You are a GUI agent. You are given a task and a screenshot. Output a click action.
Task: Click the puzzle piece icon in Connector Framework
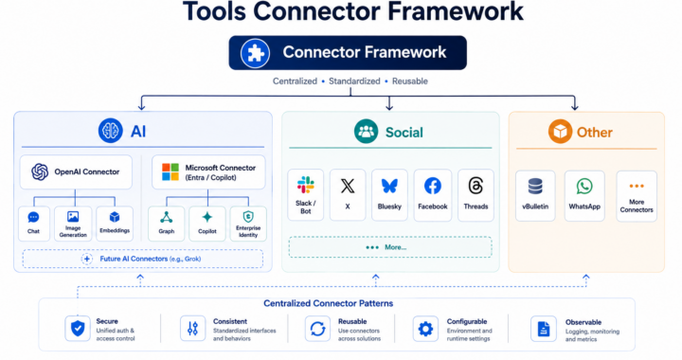[256, 53]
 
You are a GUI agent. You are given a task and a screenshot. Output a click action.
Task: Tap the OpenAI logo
[40, 171]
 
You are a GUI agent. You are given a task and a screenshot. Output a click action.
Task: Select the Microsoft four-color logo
[170, 171]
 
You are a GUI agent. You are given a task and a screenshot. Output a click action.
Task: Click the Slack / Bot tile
[306, 195]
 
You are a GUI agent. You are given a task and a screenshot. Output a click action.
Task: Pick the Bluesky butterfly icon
[389, 186]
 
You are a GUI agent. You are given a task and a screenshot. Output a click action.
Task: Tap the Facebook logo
[432, 186]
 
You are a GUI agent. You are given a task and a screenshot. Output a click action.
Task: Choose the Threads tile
[476, 195]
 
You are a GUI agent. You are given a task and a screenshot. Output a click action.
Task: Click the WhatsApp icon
[584, 186]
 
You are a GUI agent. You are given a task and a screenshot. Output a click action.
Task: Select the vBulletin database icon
[535, 186]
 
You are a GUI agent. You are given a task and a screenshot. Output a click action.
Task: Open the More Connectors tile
[637, 196]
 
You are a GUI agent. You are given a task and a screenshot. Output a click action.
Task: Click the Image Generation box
[73, 224]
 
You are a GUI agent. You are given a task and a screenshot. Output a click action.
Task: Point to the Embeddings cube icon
[115, 217]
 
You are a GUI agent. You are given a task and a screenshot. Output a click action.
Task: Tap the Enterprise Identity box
[248, 224]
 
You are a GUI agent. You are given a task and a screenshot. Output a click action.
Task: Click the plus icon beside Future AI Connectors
[87, 259]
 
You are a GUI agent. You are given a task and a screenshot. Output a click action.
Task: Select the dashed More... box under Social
[390, 247]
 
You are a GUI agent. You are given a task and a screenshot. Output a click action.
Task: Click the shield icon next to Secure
[78, 328]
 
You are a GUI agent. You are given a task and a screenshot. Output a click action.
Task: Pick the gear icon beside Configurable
[425, 329]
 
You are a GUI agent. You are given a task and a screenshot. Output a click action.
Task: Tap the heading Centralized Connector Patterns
[329, 303]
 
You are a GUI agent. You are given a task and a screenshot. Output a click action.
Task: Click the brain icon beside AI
[111, 131]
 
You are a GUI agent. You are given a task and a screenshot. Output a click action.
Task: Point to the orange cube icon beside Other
[560, 132]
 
